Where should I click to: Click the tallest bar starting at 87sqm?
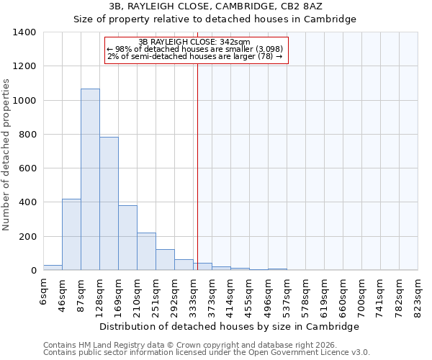coord(90,179)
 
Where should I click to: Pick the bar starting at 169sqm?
coord(127,238)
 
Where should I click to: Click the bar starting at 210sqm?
coord(146,251)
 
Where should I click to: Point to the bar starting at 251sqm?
coord(165,260)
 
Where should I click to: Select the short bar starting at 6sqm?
coord(53,267)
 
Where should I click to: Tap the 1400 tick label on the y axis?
coord(24,32)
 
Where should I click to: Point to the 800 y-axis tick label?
coord(27,135)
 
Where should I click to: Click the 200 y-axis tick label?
coord(27,236)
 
